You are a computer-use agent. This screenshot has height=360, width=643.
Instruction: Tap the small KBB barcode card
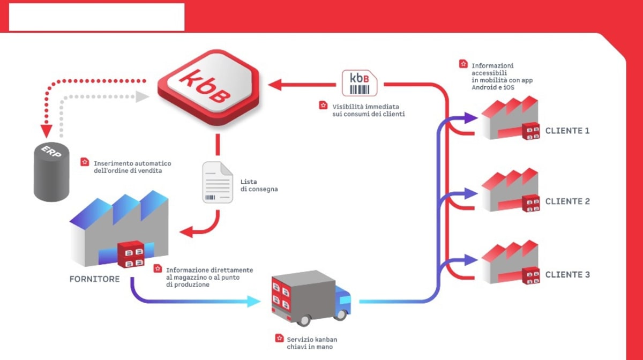tap(359, 83)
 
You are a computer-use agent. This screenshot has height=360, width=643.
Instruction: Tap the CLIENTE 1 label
tap(567, 130)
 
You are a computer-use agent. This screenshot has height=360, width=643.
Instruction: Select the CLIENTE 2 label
tap(567, 201)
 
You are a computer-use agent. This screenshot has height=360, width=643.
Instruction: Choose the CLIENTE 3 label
tap(567, 274)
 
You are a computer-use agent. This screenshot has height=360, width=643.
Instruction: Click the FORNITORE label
tap(94, 279)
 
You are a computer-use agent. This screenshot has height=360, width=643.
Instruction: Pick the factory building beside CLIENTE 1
tap(509, 119)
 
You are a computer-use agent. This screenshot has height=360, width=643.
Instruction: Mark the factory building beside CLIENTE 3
tap(509, 263)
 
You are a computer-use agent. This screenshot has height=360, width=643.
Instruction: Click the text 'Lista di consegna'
tap(259, 185)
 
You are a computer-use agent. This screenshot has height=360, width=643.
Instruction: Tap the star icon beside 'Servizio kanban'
tap(279, 338)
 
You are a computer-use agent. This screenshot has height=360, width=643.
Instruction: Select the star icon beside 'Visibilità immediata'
tap(323, 105)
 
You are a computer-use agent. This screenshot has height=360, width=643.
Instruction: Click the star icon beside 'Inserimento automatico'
tap(85, 161)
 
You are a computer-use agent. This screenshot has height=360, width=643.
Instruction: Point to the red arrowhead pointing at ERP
tap(46, 130)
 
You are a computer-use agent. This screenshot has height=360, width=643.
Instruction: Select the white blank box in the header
tap(96, 17)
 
